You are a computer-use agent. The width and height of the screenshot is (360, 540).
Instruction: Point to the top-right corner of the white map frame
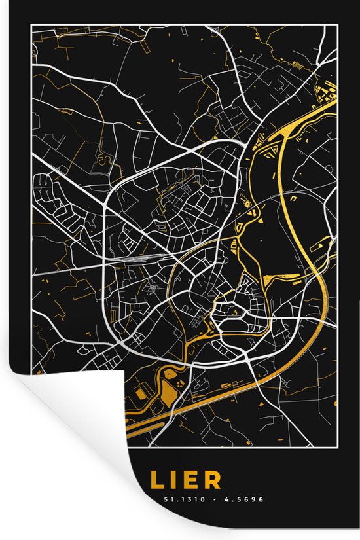pos(337,24)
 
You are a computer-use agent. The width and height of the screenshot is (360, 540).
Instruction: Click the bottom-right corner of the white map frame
pos(337,446)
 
